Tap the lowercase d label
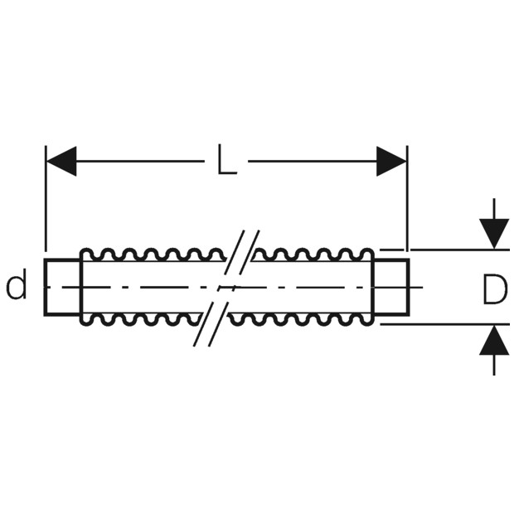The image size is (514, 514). pos(17,287)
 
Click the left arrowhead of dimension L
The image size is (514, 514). pos(61,162)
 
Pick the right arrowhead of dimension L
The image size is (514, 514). pos(391,162)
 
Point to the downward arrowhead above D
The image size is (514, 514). pos(494,234)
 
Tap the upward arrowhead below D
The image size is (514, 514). pos(494,340)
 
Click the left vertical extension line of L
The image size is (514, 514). pos(46,198)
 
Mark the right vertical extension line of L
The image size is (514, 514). pos(407,198)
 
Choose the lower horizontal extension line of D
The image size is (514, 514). pos(445,324)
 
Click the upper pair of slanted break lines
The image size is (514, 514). pos(242,252)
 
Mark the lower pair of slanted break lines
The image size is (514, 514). pos(211,324)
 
